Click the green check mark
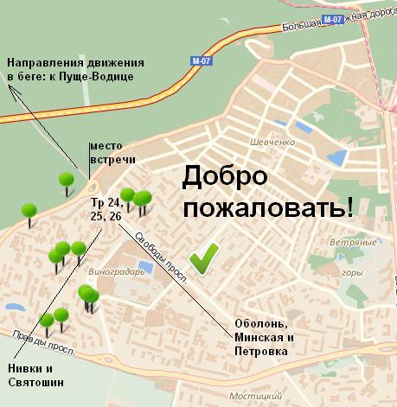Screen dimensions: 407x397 [x=205, y=257]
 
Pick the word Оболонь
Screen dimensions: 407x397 [x=259, y=324]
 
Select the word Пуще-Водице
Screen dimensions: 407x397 [x=110, y=76]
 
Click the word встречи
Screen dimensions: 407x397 [x=105, y=162]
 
